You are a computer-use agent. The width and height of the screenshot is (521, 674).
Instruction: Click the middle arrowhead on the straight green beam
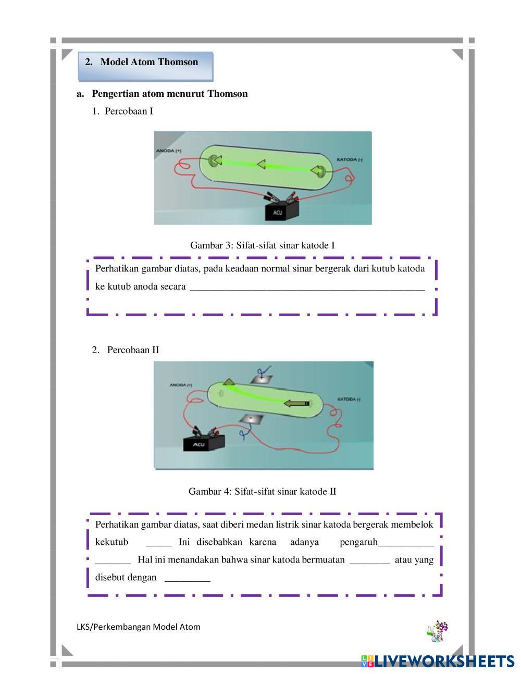tap(260, 165)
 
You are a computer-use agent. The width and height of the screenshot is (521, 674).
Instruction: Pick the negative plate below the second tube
tap(251, 419)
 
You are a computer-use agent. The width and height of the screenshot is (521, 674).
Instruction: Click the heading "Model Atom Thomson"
tap(149, 62)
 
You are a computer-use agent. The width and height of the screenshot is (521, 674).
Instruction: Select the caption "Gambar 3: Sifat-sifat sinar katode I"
tap(262, 245)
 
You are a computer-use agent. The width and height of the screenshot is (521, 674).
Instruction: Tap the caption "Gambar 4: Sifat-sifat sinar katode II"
tap(262, 491)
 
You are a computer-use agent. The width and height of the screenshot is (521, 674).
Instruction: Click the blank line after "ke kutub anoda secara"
tap(307, 288)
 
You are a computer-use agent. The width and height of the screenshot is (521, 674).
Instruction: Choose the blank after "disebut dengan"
tap(187, 578)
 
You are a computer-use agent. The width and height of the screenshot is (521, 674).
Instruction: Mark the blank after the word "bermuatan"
tap(369, 561)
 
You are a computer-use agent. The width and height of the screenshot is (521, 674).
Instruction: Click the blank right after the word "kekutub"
tap(158, 543)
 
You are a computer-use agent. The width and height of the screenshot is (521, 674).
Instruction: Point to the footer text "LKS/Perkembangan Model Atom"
tap(138, 627)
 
